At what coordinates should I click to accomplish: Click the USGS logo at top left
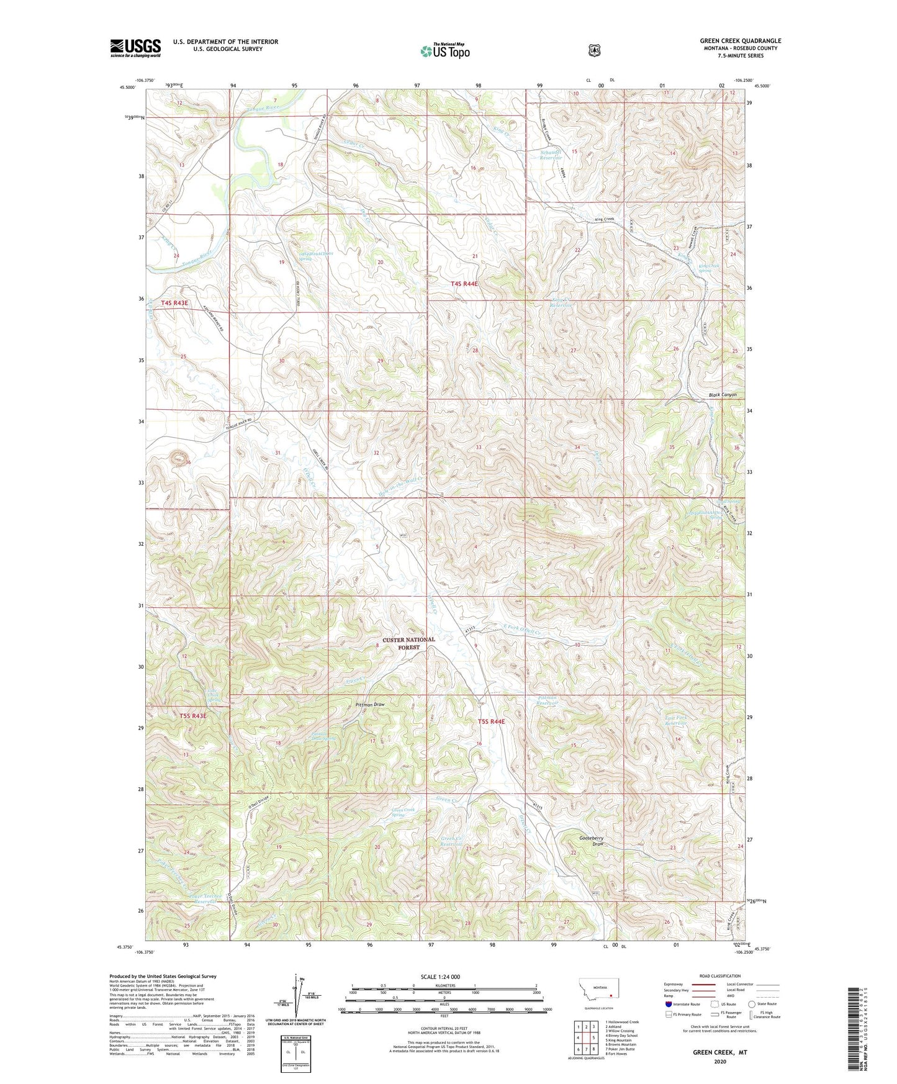coord(135,48)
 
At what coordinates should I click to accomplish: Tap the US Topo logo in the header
coord(444,51)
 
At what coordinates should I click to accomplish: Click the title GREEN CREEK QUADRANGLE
coord(731,41)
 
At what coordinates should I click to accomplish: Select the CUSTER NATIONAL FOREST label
coord(408,643)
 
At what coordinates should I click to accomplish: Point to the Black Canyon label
coord(723,395)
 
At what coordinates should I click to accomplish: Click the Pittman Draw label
coord(371,705)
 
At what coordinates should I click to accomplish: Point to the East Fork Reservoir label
coord(676,720)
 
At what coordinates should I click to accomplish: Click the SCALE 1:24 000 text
coord(440,977)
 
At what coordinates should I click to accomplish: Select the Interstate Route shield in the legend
coord(668,1004)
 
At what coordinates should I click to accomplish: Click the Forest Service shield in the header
coord(594,50)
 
